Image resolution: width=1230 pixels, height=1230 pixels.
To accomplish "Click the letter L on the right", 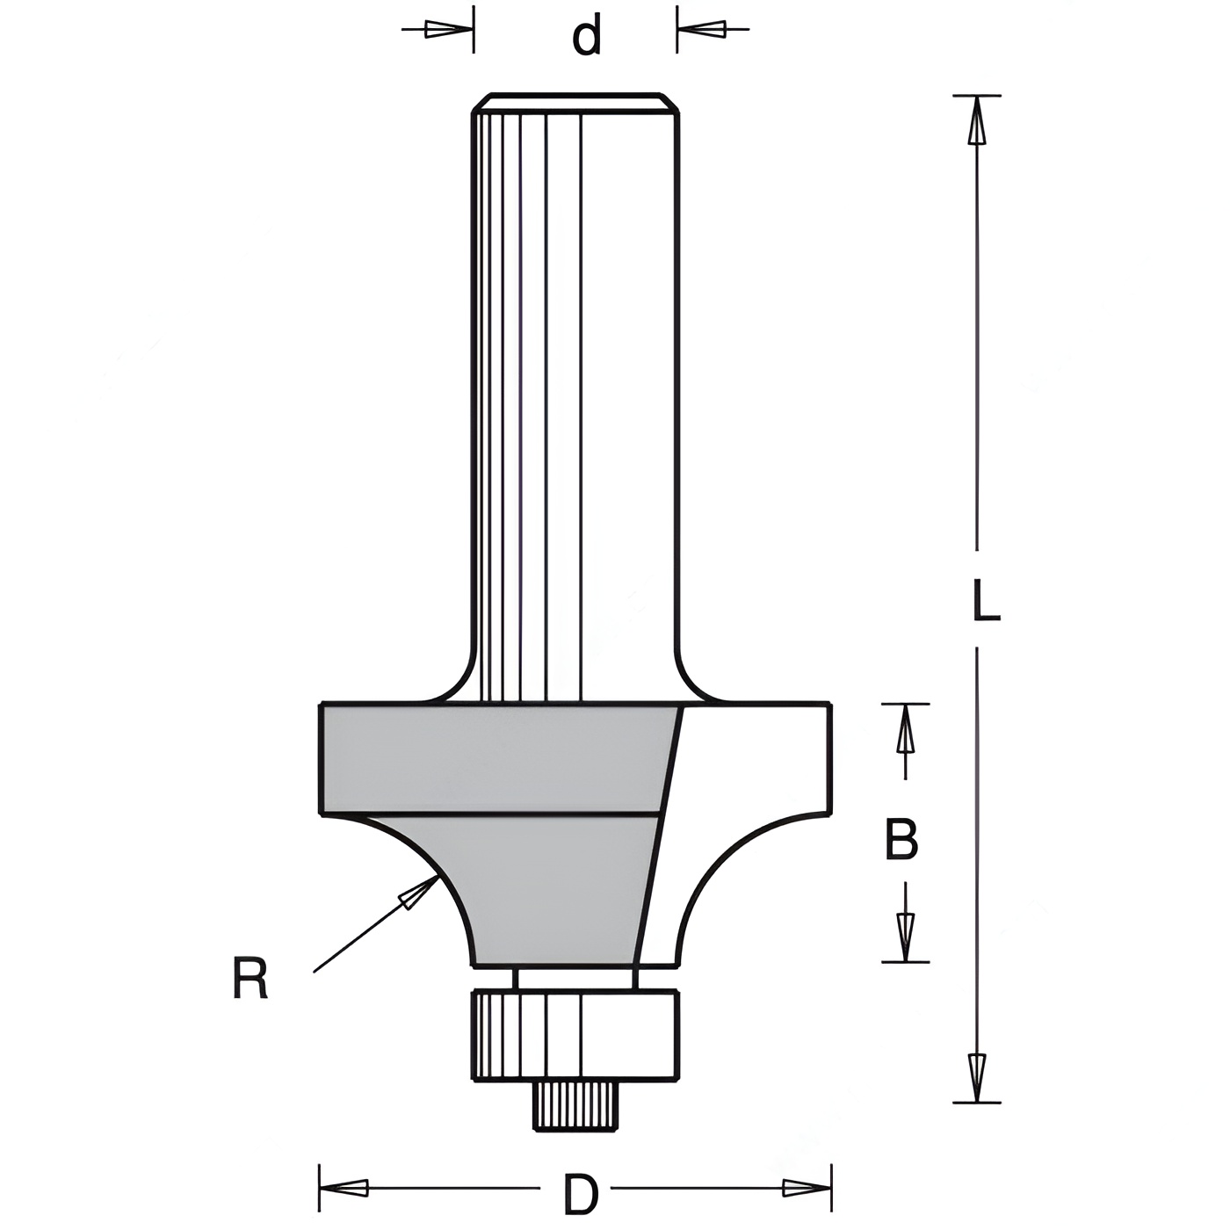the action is [x=986, y=601].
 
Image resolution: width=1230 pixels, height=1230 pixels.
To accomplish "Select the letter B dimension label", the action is [x=901, y=840].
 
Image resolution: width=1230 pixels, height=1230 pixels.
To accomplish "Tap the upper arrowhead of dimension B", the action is [x=905, y=729].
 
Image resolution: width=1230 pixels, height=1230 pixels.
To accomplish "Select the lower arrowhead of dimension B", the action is [x=905, y=937].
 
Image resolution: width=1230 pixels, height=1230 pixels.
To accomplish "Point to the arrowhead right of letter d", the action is [x=701, y=29].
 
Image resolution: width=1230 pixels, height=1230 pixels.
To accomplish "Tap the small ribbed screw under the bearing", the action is [x=575, y=1106].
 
